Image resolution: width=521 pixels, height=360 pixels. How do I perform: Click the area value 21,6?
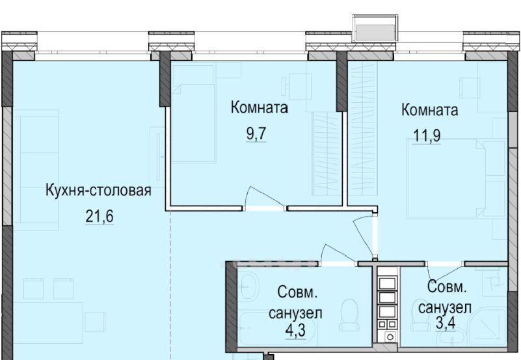[99, 217]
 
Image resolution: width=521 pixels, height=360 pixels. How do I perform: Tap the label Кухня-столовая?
[98, 191]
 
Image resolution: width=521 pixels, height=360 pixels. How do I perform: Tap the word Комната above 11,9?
[429, 110]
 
